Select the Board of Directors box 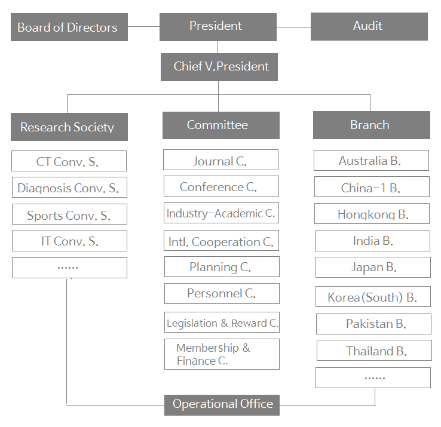tap(69, 27)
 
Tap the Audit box tap(369, 27)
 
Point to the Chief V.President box tap(219, 67)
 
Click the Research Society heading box tap(69, 127)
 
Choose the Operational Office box tap(222, 404)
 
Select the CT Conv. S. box tap(69, 161)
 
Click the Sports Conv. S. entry tap(69, 215)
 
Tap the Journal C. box tap(220, 161)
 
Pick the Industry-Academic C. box tap(221, 213)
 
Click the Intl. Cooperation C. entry tap(221, 241)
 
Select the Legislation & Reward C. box tap(222, 323)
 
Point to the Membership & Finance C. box tap(222, 354)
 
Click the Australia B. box tap(371, 161)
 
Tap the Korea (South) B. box tap(373, 297)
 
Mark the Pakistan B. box tap(373, 324)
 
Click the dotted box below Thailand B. tap(373, 377)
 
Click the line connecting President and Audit tap(293, 27)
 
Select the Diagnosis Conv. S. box tap(69, 188)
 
